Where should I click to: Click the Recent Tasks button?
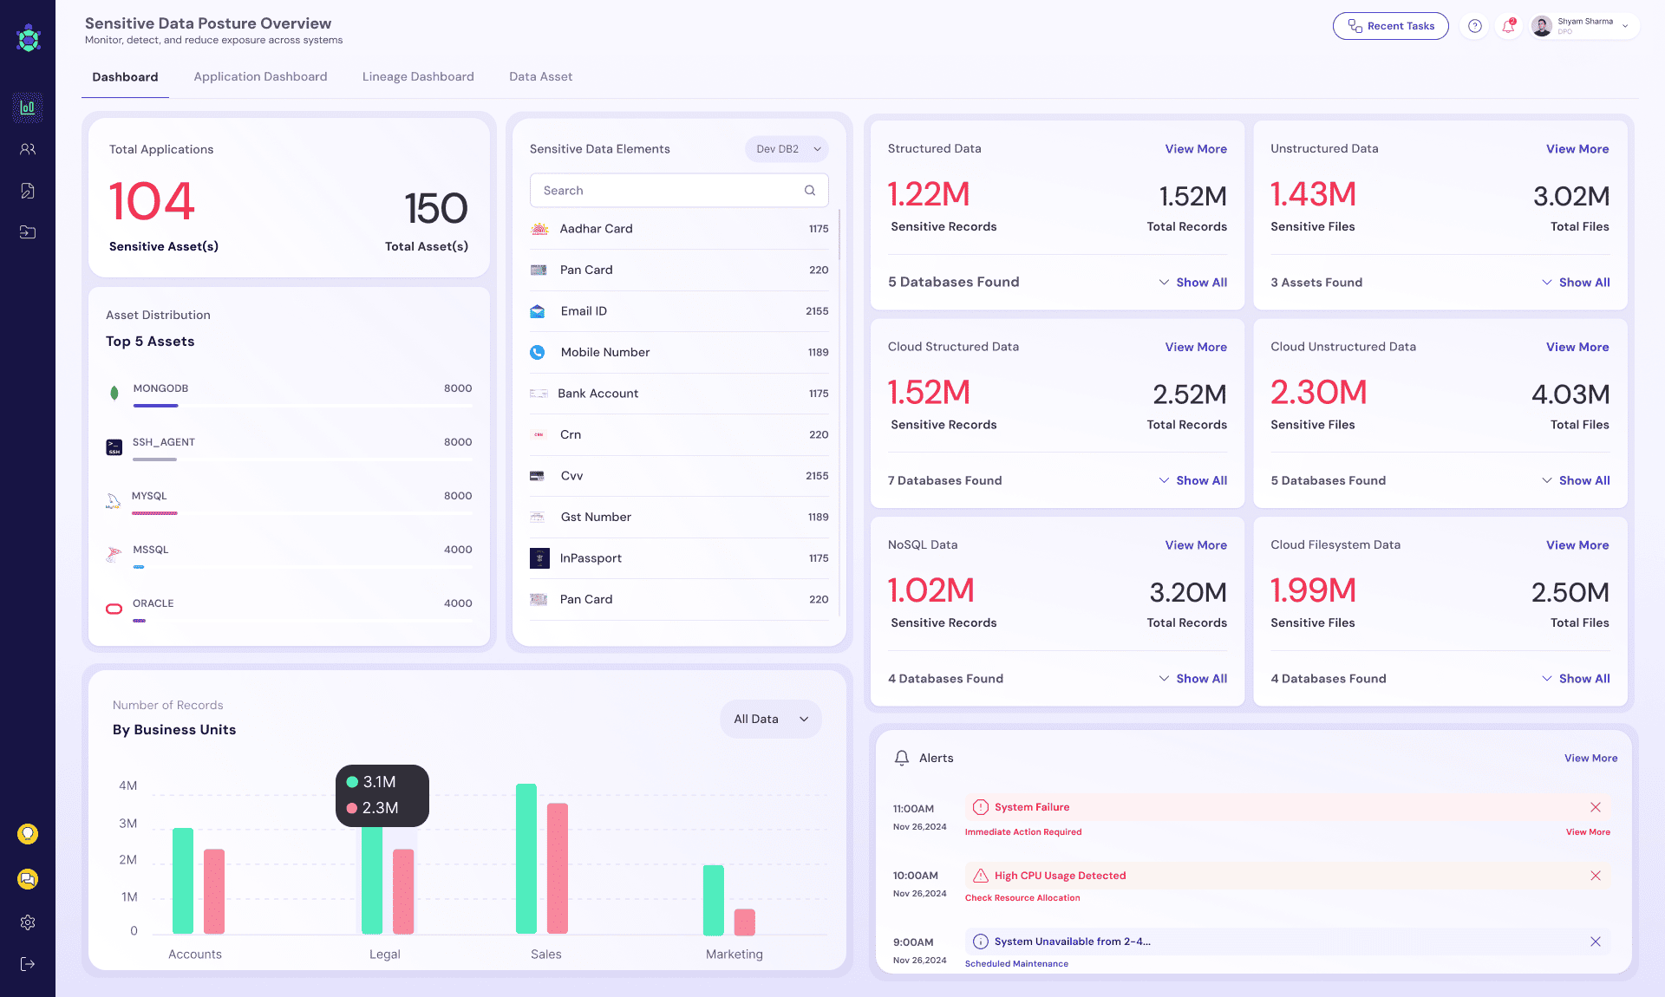tap(1390, 26)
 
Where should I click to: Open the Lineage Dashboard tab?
tap(418, 76)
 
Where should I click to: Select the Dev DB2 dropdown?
tap(787, 149)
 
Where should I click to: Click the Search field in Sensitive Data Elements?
tap(668, 191)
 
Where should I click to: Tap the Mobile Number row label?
tap(604, 352)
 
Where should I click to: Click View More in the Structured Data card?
tap(1195, 149)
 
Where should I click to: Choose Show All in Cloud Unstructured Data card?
tap(1583, 480)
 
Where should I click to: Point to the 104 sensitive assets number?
tap(152, 201)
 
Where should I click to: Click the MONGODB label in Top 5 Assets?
tap(160, 388)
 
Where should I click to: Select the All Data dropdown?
tap(769, 719)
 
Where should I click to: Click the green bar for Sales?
tap(526, 858)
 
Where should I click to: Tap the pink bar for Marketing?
tap(744, 922)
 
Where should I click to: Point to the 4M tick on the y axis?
tap(128, 785)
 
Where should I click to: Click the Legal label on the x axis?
tap(384, 954)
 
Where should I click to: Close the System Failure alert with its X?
tap(1595, 807)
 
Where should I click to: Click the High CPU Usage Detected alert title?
tap(1060, 876)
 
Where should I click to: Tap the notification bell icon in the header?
tap(1508, 26)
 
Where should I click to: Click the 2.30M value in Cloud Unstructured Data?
tap(1318, 393)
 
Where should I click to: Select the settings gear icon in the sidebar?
tap(28, 922)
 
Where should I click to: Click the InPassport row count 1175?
tap(818, 558)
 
